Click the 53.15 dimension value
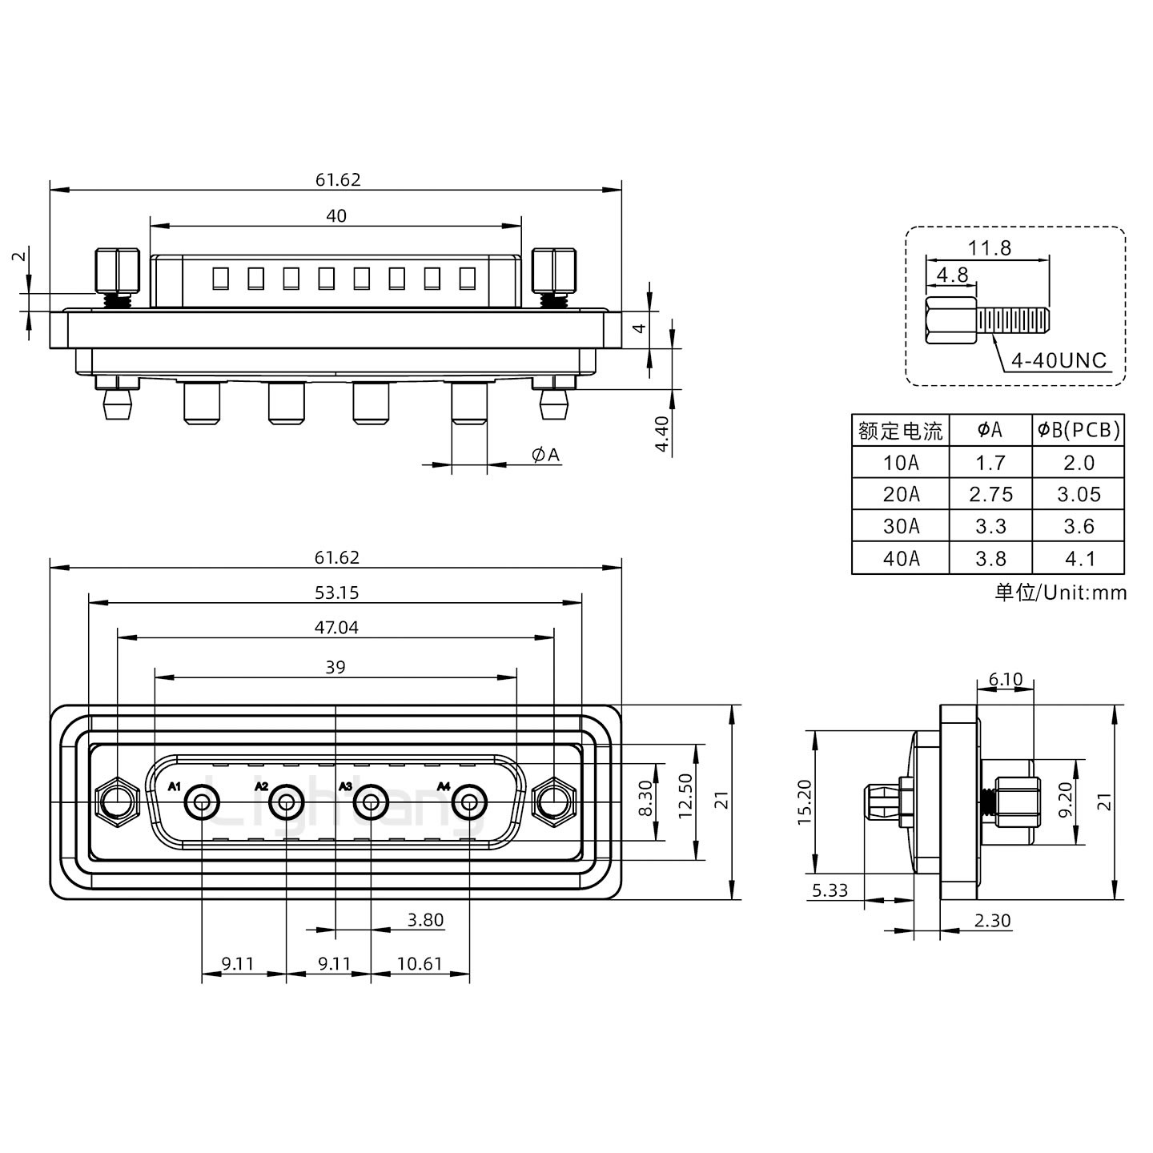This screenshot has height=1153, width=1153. (336, 593)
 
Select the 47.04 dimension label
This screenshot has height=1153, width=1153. (336, 628)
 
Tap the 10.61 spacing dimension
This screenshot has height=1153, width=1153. (420, 963)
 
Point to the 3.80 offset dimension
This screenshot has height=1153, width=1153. (425, 920)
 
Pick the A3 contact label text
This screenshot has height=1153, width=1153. (346, 786)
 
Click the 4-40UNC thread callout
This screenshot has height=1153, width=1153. (1059, 360)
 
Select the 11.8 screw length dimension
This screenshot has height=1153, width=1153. (990, 248)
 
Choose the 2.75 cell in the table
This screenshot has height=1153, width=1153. (990, 494)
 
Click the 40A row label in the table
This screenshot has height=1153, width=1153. (901, 558)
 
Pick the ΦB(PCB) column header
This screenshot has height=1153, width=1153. (1079, 431)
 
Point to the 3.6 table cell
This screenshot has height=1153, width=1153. (1079, 526)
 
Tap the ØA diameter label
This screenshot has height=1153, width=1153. (545, 455)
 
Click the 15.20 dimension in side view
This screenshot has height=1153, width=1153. (805, 801)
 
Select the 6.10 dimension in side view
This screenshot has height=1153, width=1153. (1006, 680)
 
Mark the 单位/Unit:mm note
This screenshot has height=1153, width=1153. (1060, 593)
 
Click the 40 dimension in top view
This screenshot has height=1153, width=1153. (336, 215)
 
